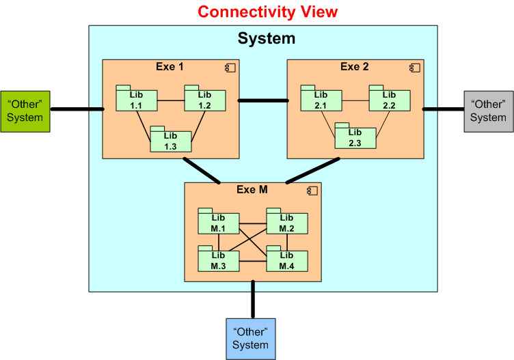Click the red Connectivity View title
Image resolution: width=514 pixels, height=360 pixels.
[x=267, y=12]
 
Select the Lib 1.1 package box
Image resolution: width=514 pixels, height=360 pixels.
[x=137, y=100]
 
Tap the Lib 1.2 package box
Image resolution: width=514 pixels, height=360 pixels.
[x=205, y=100]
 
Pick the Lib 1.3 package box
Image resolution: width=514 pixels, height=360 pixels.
[x=171, y=140]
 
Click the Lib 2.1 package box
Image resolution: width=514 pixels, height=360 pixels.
[x=321, y=100]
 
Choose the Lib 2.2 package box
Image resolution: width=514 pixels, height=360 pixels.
[x=390, y=100]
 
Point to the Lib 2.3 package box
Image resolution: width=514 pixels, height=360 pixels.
[x=355, y=137]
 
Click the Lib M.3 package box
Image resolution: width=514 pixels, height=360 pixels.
[x=219, y=260]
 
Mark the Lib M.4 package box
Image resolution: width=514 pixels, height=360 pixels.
[x=287, y=260]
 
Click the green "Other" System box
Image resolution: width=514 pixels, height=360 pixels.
[x=25, y=111]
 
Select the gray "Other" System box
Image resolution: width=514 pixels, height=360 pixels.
[x=488, y=111]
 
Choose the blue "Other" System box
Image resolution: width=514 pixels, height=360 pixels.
[x=250, y=338]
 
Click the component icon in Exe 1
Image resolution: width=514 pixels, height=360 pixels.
[x=230, y=68]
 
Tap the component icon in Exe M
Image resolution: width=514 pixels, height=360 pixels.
[x=312, y=191]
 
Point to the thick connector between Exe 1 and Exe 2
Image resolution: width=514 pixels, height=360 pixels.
[x=263, y=100]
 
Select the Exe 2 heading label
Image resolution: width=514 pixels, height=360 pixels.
[x=354, y=67]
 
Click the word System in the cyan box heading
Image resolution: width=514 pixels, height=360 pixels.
[x=267, y=38]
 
